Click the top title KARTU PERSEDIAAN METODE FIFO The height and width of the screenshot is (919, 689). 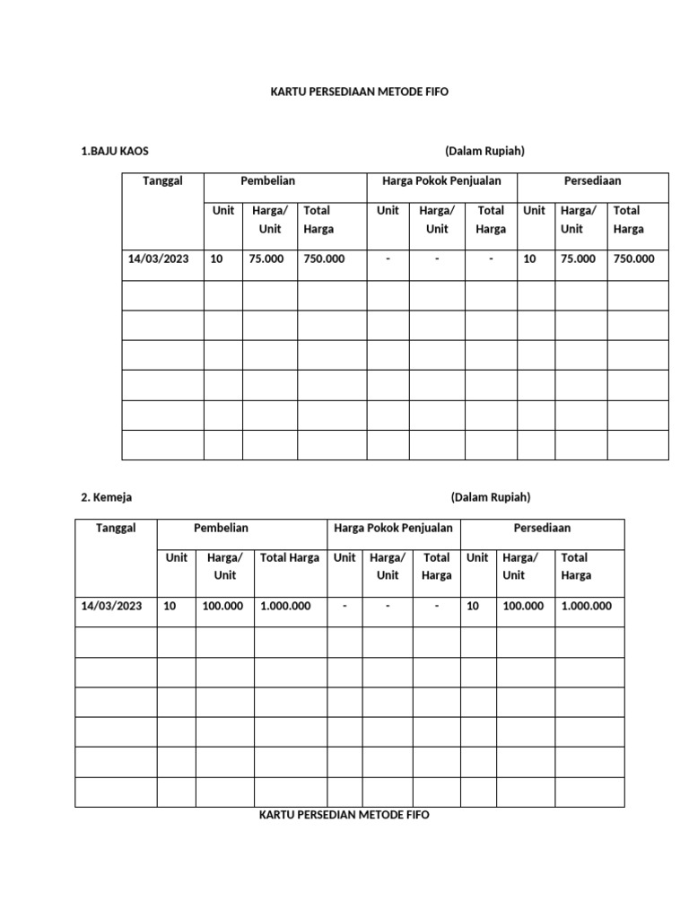(x=359, y=92)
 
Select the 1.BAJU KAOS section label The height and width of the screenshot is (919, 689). (x=114, y=151)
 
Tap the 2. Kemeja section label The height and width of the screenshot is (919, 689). (x=106, y=497)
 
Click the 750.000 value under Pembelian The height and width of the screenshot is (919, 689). (x=324, y=259)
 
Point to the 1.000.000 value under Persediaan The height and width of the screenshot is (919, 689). (x=587, y=607)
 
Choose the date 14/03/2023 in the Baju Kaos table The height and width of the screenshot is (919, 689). (x=159, y=259)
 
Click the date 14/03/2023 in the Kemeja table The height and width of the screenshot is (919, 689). (x=111, y=607)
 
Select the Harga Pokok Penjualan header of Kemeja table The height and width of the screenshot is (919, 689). (x=393, y=529)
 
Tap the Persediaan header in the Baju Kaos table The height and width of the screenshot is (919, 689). (x=592, y=181)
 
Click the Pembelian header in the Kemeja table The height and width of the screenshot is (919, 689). (x=221, y=529)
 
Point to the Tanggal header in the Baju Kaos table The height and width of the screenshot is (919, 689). (x=162, y=181)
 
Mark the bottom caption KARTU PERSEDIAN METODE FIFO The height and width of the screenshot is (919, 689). (x=344, y=815)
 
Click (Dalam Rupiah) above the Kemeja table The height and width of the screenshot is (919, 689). (x=491, y=497)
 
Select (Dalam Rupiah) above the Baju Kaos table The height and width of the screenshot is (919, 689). (x=484, y=151)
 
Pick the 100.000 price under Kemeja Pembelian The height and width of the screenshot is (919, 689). (x=222, y=607)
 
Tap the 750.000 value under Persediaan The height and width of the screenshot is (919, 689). (x=634, y=259)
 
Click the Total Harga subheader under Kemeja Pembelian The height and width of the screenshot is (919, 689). (x=290, y=558)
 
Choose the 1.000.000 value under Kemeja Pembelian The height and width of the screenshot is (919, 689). (x=285, y=607)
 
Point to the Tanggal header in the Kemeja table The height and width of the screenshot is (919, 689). (x=116, y=529)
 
